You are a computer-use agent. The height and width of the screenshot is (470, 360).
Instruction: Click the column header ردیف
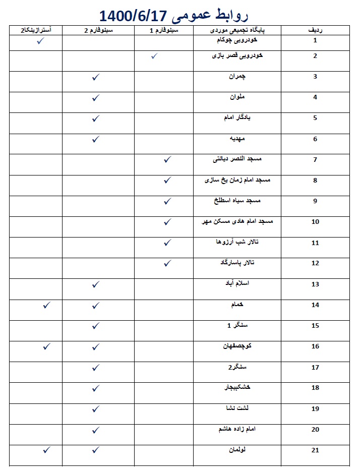point(315,31)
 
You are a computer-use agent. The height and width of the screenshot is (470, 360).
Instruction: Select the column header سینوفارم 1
point(164,31)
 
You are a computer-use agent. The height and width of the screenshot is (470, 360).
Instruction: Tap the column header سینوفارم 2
point(98,31)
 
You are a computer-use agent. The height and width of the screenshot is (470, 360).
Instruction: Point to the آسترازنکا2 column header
point(36,31)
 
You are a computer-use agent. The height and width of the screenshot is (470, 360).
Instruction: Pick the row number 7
point(315,160)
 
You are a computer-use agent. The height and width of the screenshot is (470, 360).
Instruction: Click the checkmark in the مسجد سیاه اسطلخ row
point(168,201)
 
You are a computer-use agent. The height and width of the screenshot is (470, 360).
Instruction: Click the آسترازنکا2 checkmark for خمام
point(46,305)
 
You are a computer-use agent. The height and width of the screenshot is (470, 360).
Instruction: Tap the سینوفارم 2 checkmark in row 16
point(96,346)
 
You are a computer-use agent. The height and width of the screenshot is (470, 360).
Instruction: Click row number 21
point(315,450)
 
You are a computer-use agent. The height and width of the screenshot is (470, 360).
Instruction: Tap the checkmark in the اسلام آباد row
point(96,284)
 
